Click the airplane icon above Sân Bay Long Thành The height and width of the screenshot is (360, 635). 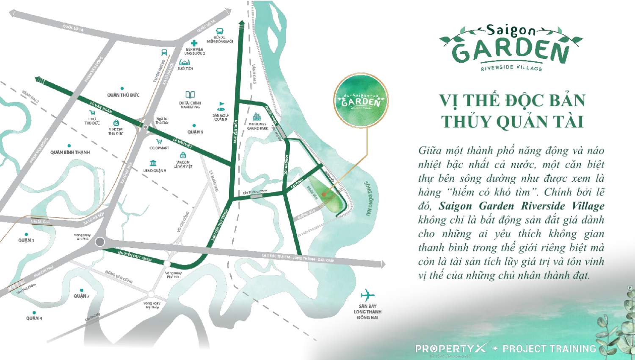(x=367, y=295)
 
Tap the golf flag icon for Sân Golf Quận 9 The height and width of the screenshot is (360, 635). (x=221, y=106)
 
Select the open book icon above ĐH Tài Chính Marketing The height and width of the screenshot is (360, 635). (x=190, y=95)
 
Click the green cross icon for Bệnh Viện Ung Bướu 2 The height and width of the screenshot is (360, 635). (x=194, y=43)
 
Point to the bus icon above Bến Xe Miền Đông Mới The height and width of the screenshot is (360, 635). (x=219, y=31)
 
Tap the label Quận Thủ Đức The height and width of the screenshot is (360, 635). (x=123, y=95)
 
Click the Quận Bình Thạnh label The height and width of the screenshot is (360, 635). (x=70, y=152)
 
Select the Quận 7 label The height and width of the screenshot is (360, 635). (x=81, y=296)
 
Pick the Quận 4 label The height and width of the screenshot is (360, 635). (x=34, y=318)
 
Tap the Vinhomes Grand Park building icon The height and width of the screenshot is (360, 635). (x=257, y=116)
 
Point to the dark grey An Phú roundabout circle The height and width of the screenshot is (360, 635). (x=100, y=242)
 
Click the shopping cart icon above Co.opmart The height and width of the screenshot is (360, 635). (x=159, y=142)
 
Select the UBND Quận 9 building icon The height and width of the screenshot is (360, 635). (x=153, y=163)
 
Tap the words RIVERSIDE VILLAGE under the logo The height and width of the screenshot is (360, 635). (x=511, y=68)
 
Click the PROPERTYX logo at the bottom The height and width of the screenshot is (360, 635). (x=451, y=349)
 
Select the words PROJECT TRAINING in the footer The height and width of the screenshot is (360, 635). (x=549, y=349)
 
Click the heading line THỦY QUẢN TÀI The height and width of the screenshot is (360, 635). (x=512, y=122)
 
